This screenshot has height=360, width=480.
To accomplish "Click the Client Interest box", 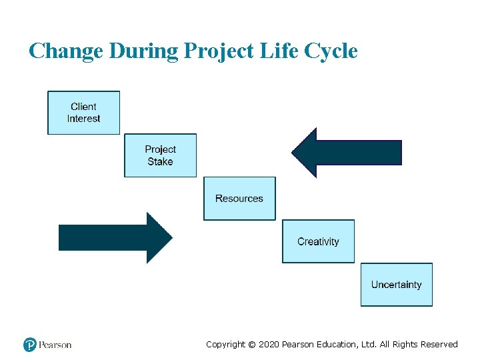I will click(83, 113).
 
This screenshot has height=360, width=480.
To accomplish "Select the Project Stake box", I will click(160, 155).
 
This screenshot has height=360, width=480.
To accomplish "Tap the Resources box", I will click(239, 199).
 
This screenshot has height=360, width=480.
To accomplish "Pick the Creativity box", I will click(318, 241).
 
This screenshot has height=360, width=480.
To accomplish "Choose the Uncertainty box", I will click(396, 285).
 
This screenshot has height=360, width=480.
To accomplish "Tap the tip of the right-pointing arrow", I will click(171, 238).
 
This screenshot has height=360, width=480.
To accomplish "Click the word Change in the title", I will click(65, 51).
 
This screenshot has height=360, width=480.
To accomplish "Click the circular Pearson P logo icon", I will click(30, 345).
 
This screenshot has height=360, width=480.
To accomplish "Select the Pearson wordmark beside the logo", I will click(55, 345).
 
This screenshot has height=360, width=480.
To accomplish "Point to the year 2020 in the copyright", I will click(268, 345).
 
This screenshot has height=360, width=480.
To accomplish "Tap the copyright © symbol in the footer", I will click(251, 345).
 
